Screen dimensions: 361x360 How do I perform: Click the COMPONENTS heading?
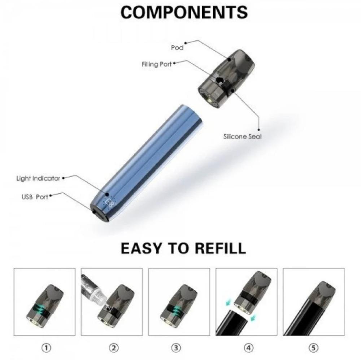(x=184, y=12)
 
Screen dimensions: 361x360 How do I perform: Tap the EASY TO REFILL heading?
(x=183, y=248)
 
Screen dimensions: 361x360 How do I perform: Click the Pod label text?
(x=177, y=48)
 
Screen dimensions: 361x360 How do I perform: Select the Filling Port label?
(x=157, y=64)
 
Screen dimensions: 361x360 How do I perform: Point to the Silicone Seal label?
(x=243, y=136)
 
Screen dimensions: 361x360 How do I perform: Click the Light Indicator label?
(x=38, y=178)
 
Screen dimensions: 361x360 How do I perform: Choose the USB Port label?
(x=35, y=197)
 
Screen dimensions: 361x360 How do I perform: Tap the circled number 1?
(x=46, y=348)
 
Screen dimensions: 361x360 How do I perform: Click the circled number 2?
(x=113, y=348)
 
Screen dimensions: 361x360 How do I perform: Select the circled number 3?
(x=176, y=348)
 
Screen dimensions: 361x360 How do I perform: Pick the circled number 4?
(x=248, y=348)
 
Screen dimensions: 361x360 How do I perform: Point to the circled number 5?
(x=313, y=348)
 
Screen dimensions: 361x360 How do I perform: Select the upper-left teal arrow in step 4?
(x=229, y=302)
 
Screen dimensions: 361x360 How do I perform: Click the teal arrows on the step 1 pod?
(x=40, y=308)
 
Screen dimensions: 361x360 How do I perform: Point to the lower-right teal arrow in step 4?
(x=253, y=318)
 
